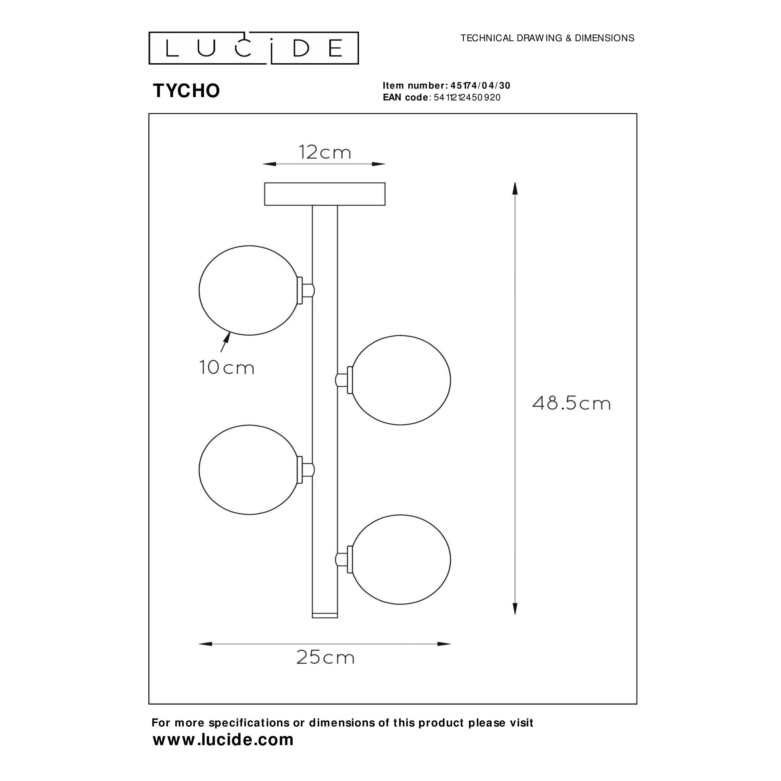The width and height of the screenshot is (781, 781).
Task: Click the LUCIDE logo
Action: [x=254, y=48]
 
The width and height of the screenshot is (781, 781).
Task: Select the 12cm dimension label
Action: [x=325, y=152]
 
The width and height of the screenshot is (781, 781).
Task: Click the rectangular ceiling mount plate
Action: [x=325, y=194]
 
